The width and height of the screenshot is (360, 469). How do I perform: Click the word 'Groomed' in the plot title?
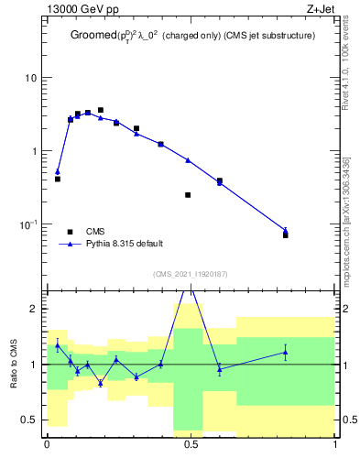(x=94, y=35)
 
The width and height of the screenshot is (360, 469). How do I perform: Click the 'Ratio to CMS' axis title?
(x=14, y=364)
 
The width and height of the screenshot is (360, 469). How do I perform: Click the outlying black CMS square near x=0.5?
(x=188, y=195)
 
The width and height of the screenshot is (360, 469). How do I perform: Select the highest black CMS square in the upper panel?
(x=101, y=110)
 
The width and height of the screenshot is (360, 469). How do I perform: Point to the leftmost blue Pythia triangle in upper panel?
(x=58, y=171)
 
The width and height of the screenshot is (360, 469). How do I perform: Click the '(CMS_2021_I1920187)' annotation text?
(x=191, y=273)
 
